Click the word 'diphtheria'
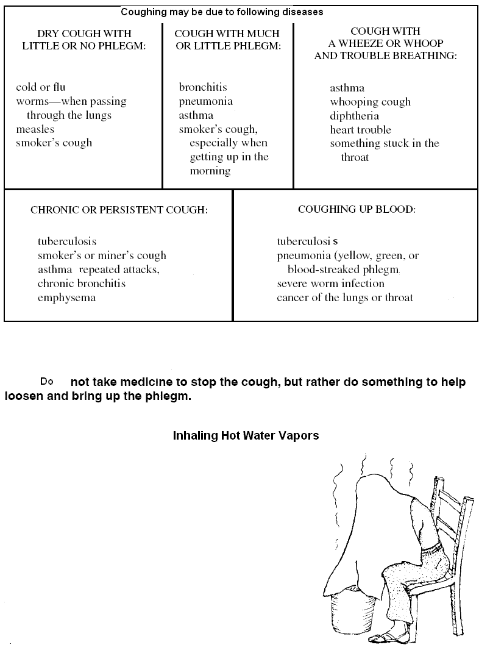[x=354, y=116]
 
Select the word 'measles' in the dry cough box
[x=35, y=129]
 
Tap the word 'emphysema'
[x=66, y=298]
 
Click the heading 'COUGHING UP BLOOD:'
[x=357, y=209]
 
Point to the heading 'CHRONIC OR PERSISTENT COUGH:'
[x=119, y=210]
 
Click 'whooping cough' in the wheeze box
[x=370, y=102]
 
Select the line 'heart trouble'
[x=360, y=130]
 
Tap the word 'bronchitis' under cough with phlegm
[x=202, y=87]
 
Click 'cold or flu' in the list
[x=40, y=87]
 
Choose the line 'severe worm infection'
[x=330, y=284]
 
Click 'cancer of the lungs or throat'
[x=344, y=298]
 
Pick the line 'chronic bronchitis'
[x=81, y=284]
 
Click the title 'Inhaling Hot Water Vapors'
[x=246, y=436]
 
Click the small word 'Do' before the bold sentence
[x=47, y=382]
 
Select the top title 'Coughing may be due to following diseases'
[x=221, y=12]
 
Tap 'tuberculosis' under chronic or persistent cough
[x=66, y=241]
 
